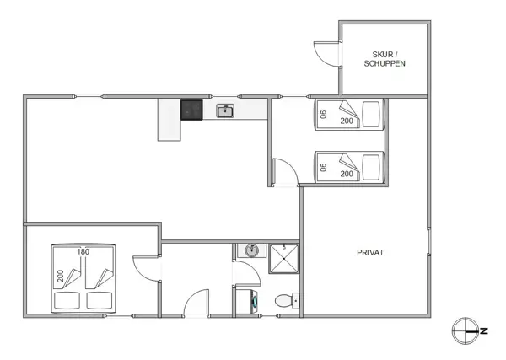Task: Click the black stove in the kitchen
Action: click(191, 110)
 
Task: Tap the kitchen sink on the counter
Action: click(225, 110)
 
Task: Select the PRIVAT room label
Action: click(371, 252)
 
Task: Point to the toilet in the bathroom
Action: click(285, 300)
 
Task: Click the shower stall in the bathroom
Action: click(284, 258)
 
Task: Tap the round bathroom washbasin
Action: click(251, 250)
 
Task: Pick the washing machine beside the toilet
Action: click(249, 301)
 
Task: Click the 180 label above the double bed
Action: click(83, 251)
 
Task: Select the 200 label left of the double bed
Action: click(60, 276)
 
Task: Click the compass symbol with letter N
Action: click(466, 330)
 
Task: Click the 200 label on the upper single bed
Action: click(347, 121)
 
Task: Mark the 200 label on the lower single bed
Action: click(347, 173)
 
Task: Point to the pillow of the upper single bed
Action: click(324, 113)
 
